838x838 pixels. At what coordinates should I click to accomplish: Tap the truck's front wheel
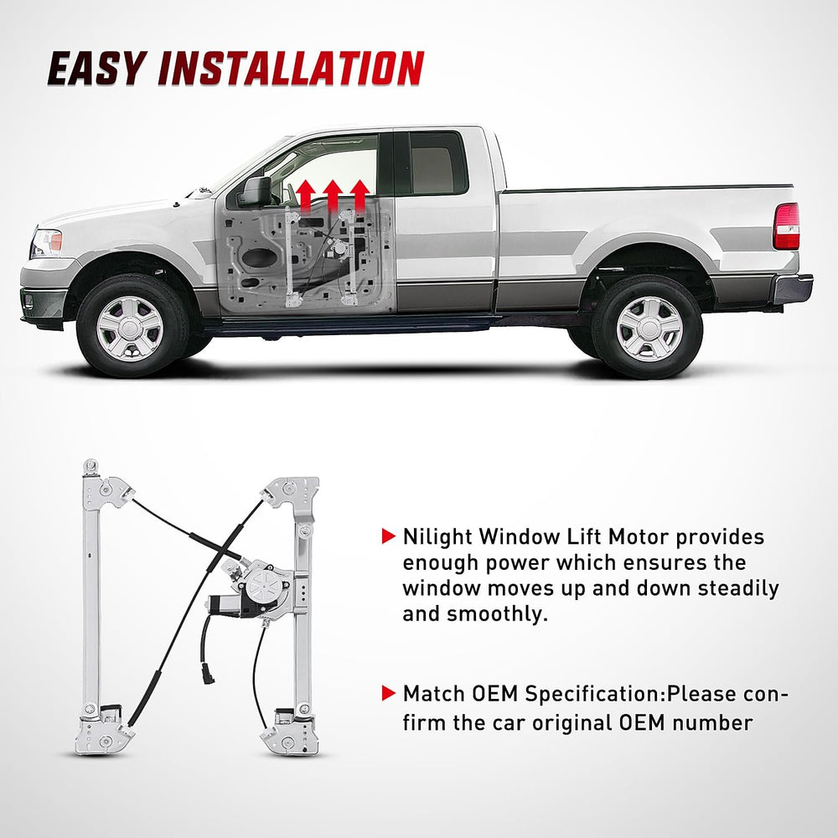(129, 328)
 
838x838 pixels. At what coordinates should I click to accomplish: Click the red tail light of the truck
(786, 226)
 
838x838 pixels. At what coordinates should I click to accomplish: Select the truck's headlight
(47, 243)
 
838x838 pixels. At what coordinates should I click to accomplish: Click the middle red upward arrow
(333, 195)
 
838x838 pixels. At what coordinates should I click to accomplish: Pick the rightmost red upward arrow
(360, 195)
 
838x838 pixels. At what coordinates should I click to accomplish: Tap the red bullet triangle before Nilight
(387, 536)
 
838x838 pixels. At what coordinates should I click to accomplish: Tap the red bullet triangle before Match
(387, 694)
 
